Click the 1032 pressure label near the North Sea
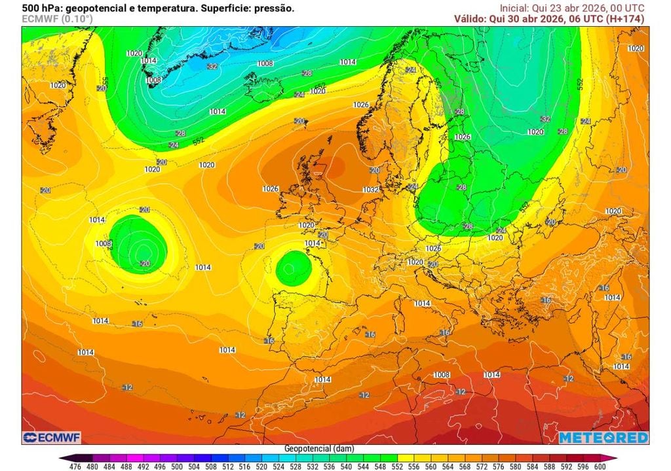371,190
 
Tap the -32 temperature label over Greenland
212,66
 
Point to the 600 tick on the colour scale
600,467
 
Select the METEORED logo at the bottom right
603,437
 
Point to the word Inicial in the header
513,8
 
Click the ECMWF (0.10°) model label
57,19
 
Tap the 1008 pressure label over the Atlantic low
104,243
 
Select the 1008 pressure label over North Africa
442,375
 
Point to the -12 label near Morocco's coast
240,415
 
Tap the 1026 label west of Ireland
271,188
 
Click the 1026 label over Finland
463,137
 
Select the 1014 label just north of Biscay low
313,243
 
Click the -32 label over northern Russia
545,119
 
